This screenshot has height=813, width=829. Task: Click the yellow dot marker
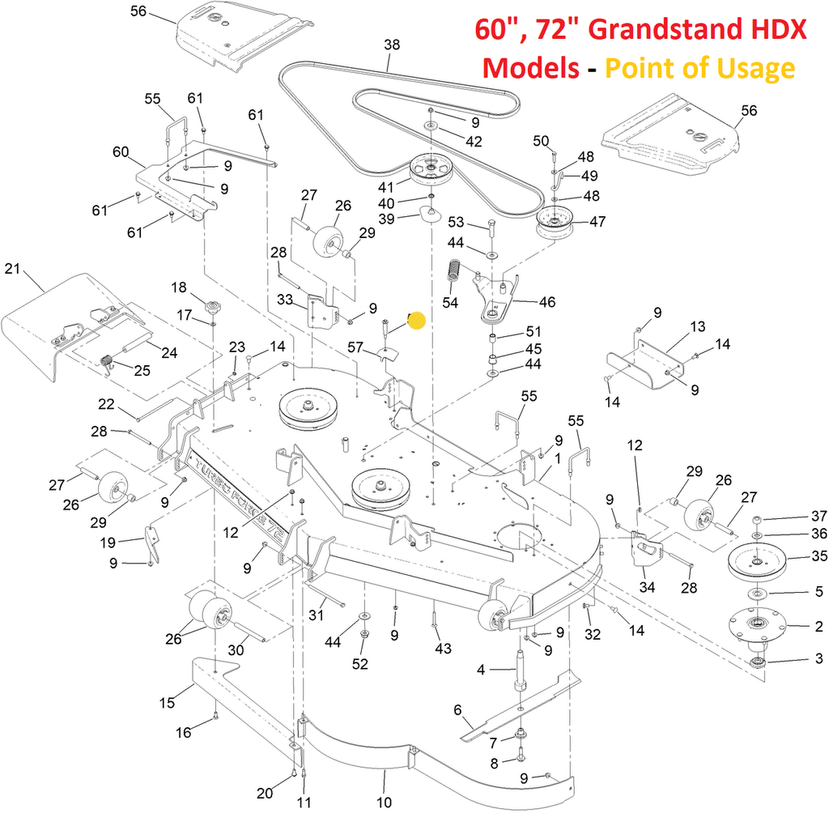[x=416, y=321]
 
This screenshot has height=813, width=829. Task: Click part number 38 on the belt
[x=392, y=45]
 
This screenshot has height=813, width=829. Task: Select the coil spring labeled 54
[x=454, y=270]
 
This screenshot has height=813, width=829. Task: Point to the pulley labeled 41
[x=430, y=170]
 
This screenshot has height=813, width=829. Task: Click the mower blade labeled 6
[x=518, y=705]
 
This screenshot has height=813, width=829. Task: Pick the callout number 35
[x=819, y=557]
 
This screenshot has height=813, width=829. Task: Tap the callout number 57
[x=356, y=347]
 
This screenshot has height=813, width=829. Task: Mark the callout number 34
[x=646, y=585]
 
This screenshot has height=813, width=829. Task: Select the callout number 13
[x=698, y=326]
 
